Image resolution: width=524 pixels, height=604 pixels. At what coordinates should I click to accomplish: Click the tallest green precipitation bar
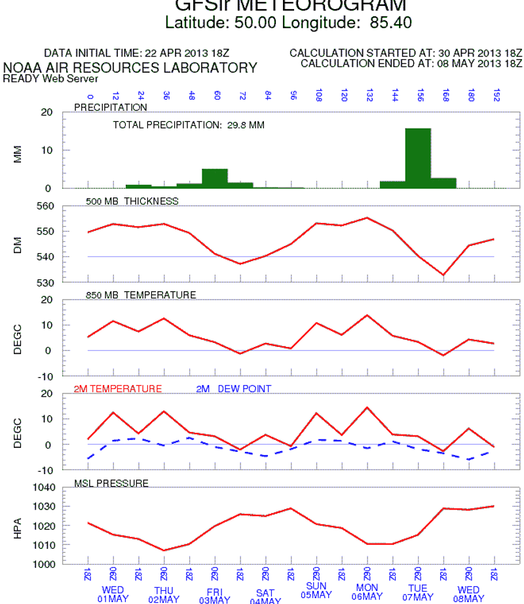[x=418, y=158]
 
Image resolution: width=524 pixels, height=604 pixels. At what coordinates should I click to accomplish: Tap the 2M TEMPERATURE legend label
[x=117, y=389]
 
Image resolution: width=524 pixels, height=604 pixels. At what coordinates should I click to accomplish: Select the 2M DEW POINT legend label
[x=233, y=389]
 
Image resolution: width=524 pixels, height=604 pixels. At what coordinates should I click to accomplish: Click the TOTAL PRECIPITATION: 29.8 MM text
[x=189, y=125]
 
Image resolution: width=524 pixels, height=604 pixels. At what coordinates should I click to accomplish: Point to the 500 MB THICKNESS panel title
[x=132, y=201]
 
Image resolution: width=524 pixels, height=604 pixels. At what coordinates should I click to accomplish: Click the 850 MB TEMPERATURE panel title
[x=141, y=295]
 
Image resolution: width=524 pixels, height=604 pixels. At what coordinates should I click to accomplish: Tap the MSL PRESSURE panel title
[x=111, y=484]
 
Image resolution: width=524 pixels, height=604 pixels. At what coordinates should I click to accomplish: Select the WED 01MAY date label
[x=113, y=594]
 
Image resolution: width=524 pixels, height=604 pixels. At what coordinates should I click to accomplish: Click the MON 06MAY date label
[x=367, y=592]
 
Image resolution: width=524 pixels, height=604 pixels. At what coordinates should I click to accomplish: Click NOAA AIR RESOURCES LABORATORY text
[x=130, y=68]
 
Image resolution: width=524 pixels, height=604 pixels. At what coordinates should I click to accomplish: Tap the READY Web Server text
[x=50, y=79]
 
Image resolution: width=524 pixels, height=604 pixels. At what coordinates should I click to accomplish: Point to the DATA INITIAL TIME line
[x=137, y=52]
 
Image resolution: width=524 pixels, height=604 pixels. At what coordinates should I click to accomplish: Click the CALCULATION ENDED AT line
[x=411, y=63]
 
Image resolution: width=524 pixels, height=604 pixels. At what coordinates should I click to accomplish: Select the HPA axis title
[x=18, y=527]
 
